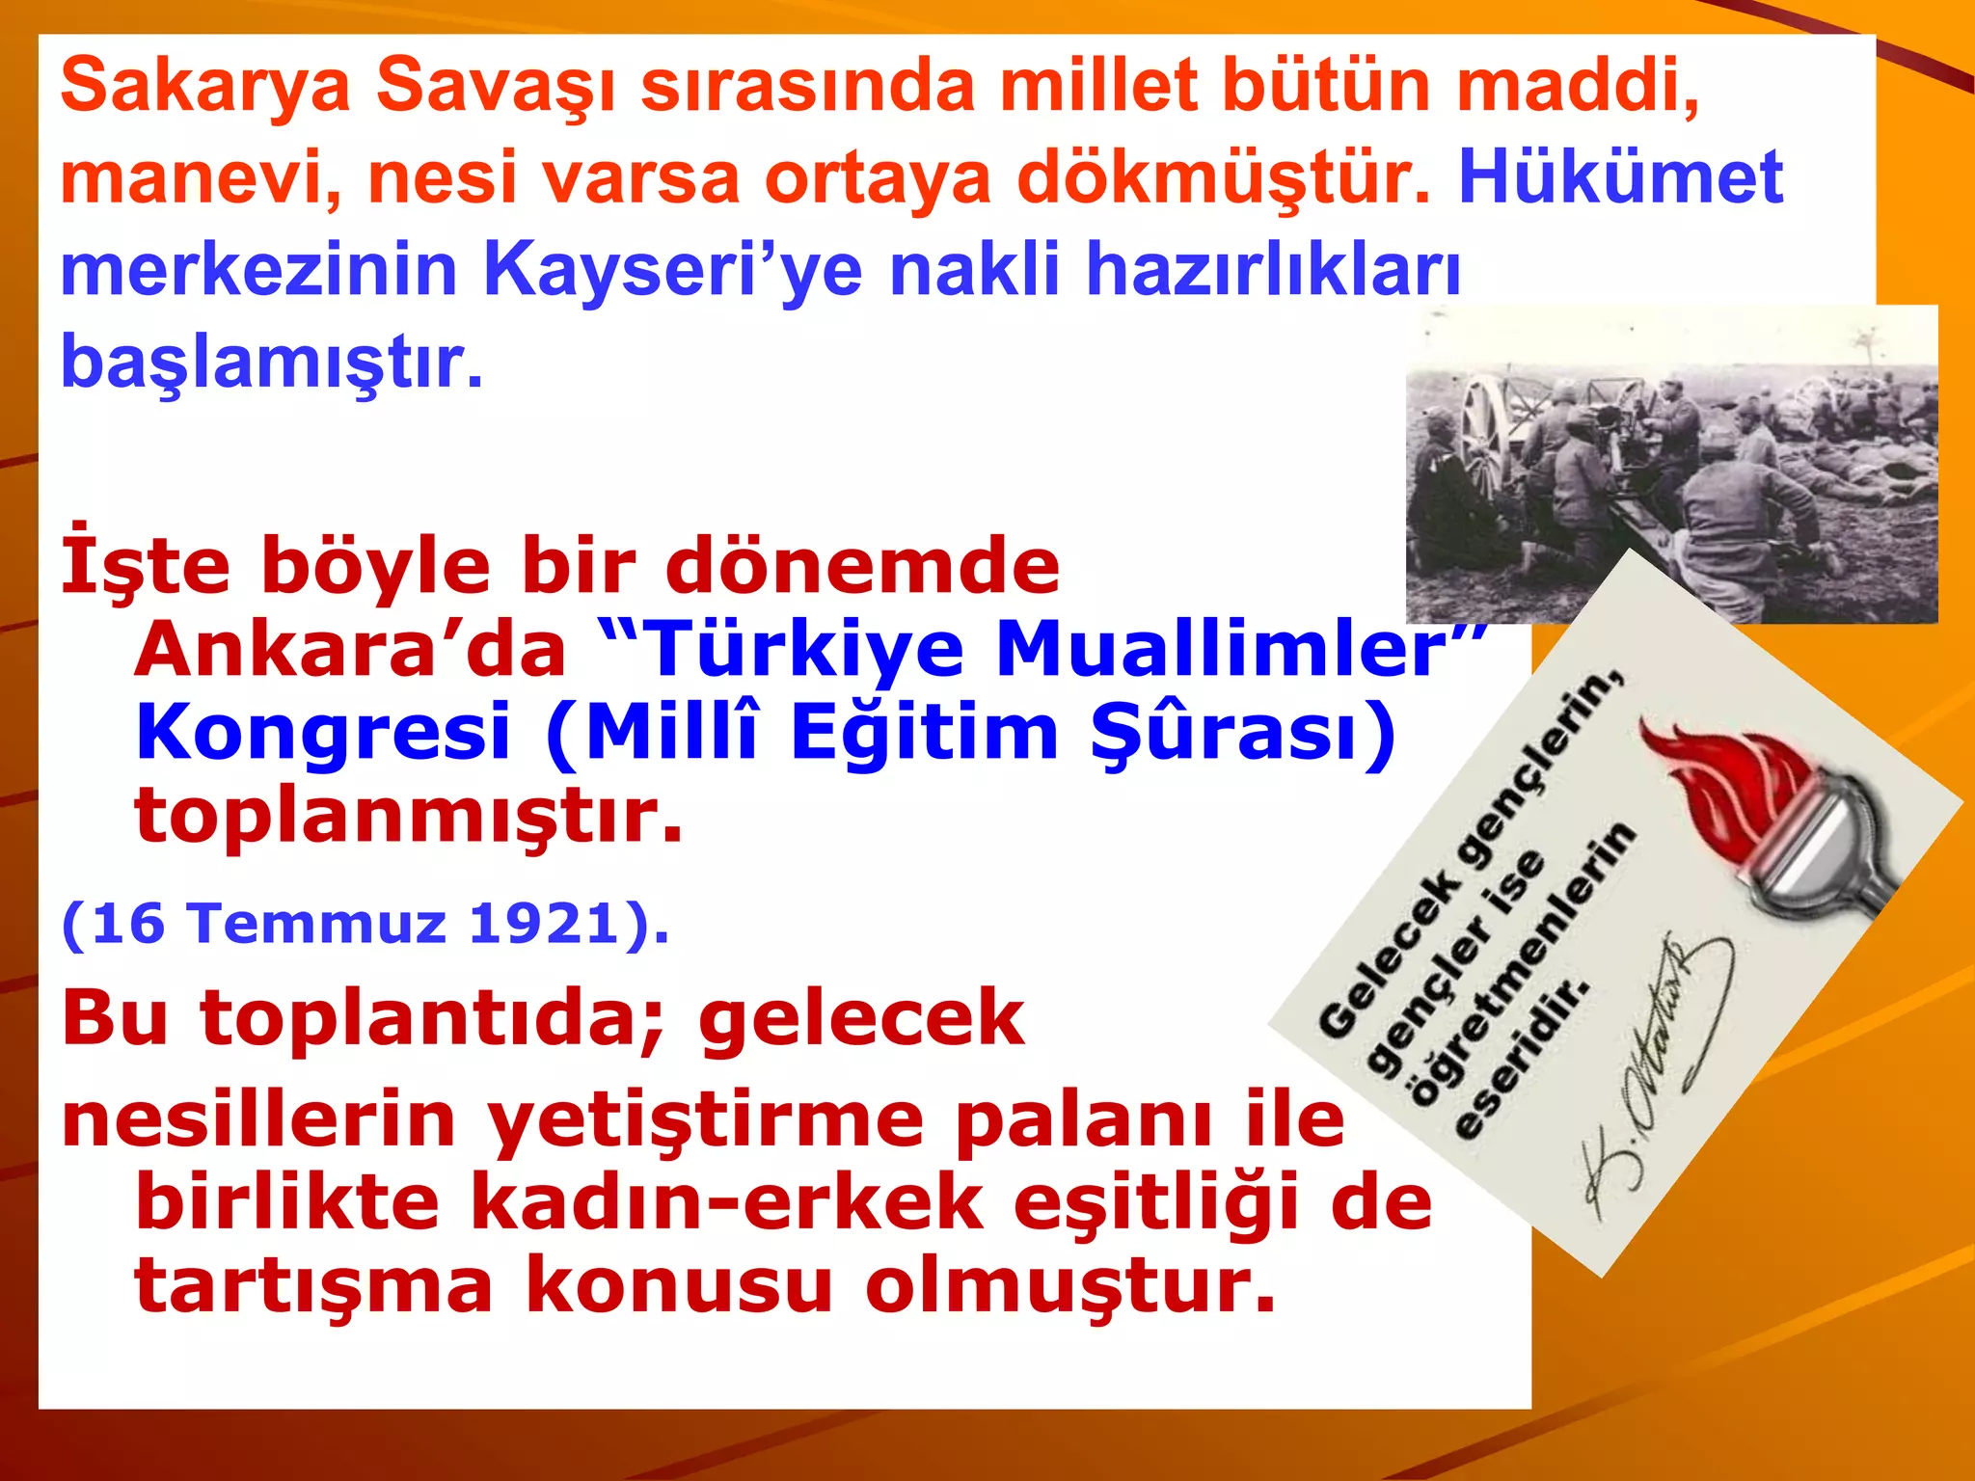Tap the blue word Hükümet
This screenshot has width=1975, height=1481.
point(1620,178)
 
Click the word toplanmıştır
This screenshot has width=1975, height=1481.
point(408,816)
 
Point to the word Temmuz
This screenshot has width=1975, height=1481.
point(318,924)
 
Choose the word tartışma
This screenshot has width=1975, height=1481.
point(313,1286)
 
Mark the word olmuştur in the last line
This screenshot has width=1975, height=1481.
point(1069,1286)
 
